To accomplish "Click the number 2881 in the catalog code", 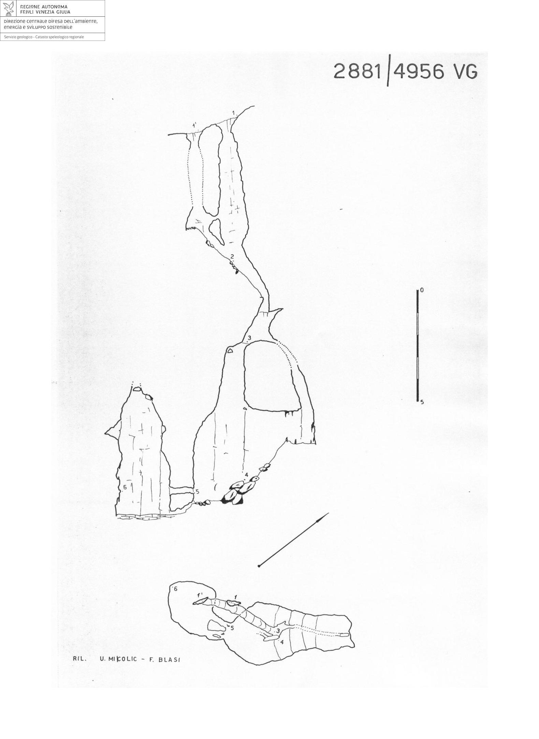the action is tap(357, 72).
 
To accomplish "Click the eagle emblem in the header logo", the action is tap(9, 9).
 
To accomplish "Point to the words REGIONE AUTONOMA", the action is tap(44, 7).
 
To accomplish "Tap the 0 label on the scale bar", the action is tap(422, 290).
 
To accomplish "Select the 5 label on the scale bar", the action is tap(422, 402).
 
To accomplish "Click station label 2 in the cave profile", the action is tap(232, 256).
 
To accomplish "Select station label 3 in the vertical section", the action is tap(249, 338).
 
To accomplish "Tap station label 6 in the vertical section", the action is tap(125, 487).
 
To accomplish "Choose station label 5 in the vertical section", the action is tap(197, 492).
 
